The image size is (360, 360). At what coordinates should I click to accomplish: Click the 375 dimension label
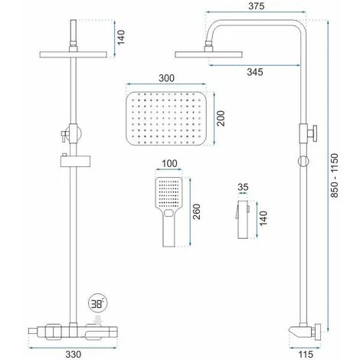pyautogui.click(x=256, y=6)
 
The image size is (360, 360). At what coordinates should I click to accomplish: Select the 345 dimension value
pyautogui.click(x=255, y=72)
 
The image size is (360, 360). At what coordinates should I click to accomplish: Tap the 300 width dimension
pyautogui.click(x=166, y=78)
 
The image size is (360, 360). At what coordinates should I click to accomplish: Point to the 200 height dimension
pyautogui.click(x=221, y=119)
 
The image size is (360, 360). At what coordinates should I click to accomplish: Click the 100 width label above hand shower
pyautogui.click(x=169, y=163)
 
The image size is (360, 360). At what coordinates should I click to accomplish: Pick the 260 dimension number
pyautogui.click(x=197, y=211)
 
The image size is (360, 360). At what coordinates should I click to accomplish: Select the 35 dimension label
pyautogui.click(x=243, y=187)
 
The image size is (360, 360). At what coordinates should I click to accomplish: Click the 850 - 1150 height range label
pyautogui.click(x=334, y=175)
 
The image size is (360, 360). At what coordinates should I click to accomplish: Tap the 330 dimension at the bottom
pyautogui.click(x=73, y=354)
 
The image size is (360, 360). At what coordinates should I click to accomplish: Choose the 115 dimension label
pyautogui.click(x=305, y=354)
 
